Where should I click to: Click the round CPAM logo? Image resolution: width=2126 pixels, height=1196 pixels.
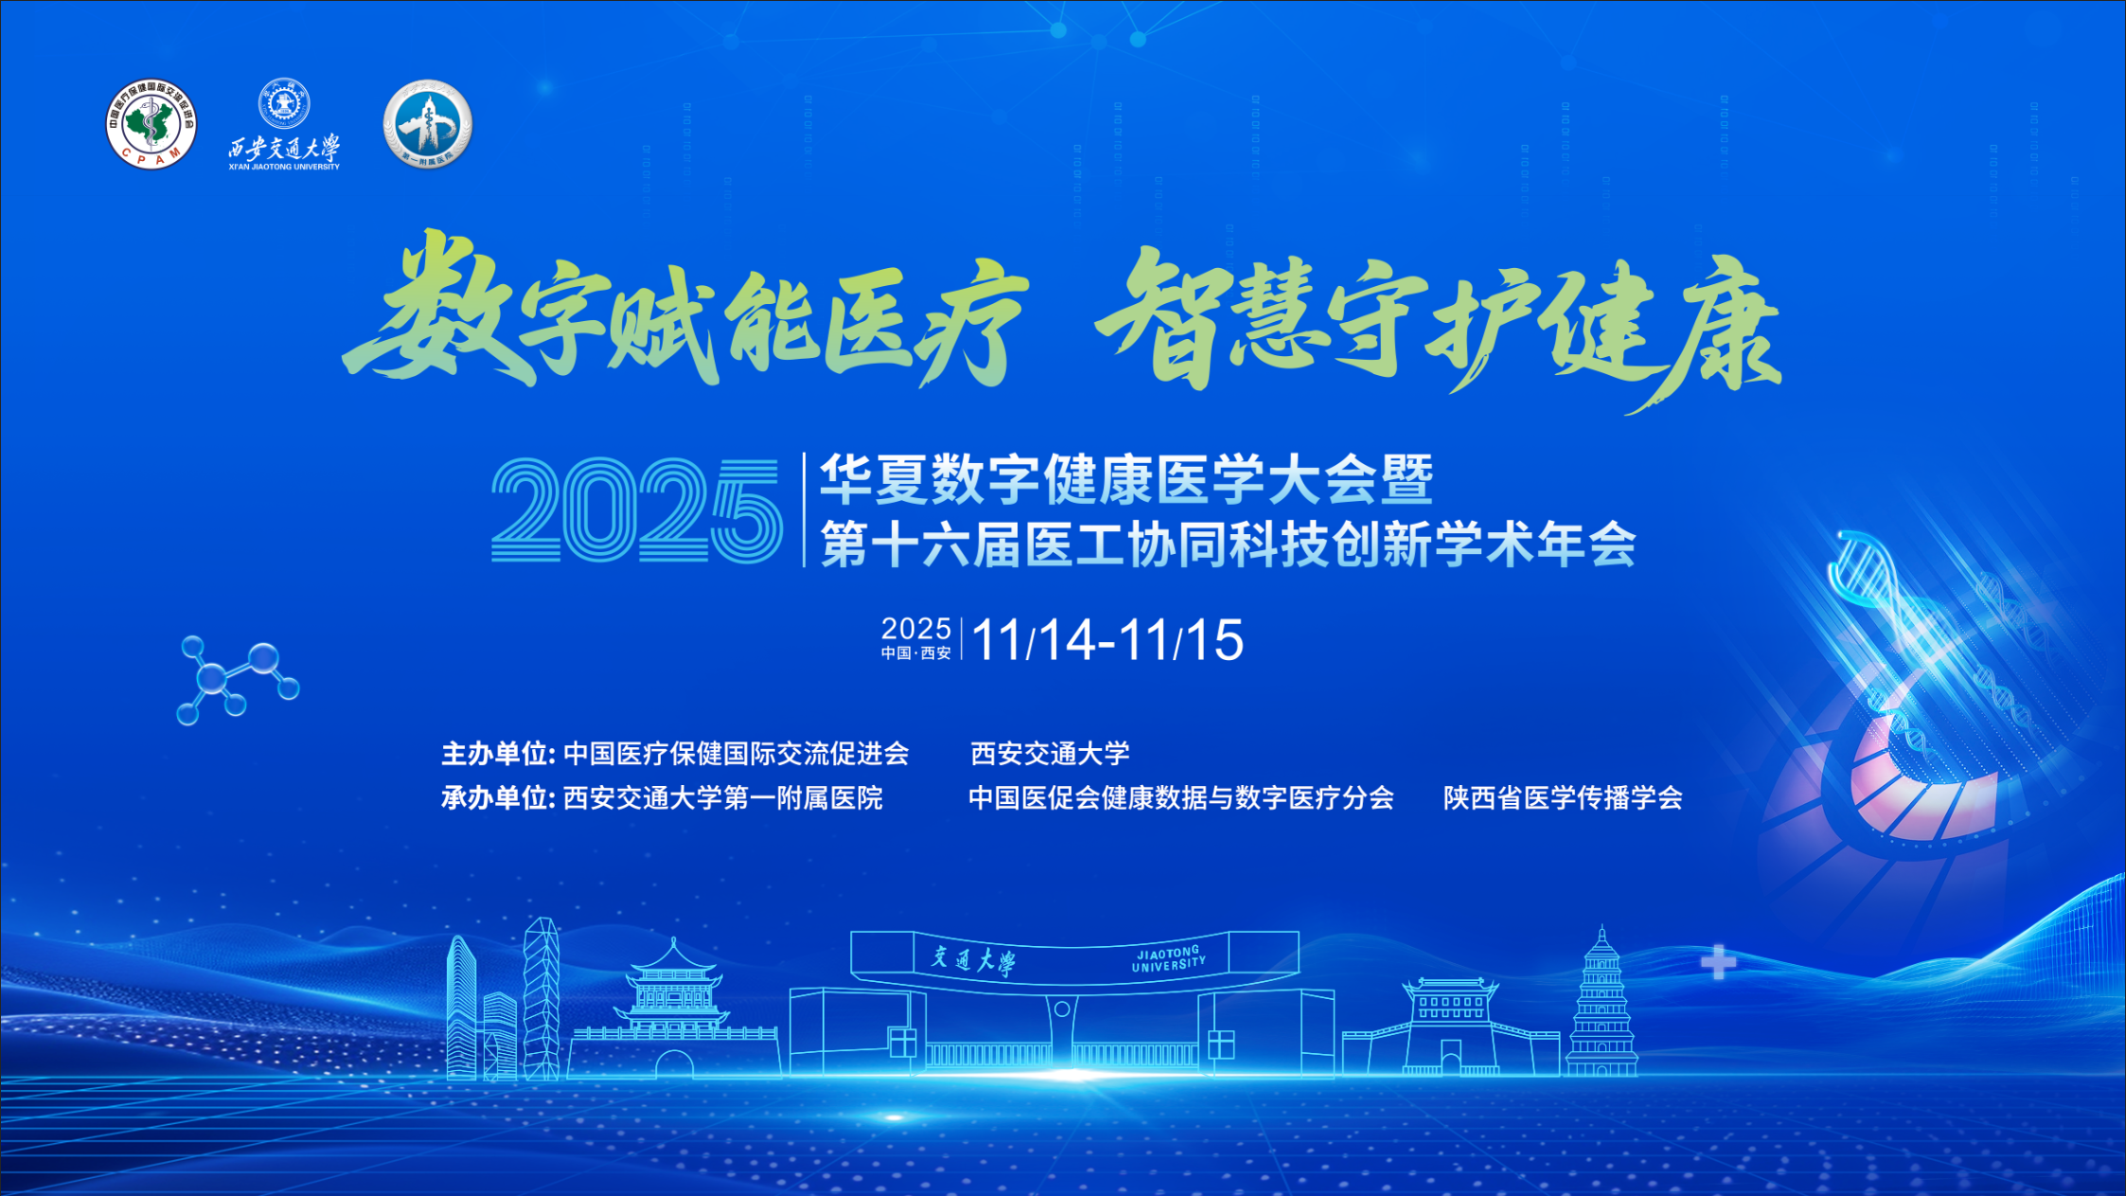pos(151,124)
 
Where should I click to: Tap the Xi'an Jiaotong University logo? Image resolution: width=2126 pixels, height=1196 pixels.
pos(284,125)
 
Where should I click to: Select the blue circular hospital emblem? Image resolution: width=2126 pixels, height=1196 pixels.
pos(428,124)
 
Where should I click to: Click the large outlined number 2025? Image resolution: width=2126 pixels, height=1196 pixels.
pos(636,511)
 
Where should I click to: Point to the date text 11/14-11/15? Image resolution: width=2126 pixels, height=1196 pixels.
pos(1107,640)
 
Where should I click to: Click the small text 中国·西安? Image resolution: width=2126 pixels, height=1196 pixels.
pos(915,653)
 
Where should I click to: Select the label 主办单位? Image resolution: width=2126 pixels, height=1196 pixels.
pos(497,754)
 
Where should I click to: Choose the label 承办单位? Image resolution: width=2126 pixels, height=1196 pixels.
pos(497,798)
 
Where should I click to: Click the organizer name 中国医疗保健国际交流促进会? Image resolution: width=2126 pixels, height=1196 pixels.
pos(736,754)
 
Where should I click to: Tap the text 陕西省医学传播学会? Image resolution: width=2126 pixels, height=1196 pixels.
pos(1563,798)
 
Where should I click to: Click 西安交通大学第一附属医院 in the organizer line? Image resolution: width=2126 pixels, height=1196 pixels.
pos(723,798)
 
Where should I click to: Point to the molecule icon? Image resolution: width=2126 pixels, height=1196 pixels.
pos(237,680)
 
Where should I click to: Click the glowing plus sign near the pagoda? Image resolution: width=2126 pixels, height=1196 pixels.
pos(1718,963)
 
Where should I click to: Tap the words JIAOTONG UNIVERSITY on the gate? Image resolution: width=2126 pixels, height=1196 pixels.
pos(1169,959)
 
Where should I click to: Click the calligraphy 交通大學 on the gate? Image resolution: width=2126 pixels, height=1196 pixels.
pos(973,960)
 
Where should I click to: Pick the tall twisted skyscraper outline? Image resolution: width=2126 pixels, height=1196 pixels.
pos(541,998)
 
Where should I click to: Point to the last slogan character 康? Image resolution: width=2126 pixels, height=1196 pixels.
pos(1709,331)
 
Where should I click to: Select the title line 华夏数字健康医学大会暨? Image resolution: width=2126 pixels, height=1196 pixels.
pos(1126,479)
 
